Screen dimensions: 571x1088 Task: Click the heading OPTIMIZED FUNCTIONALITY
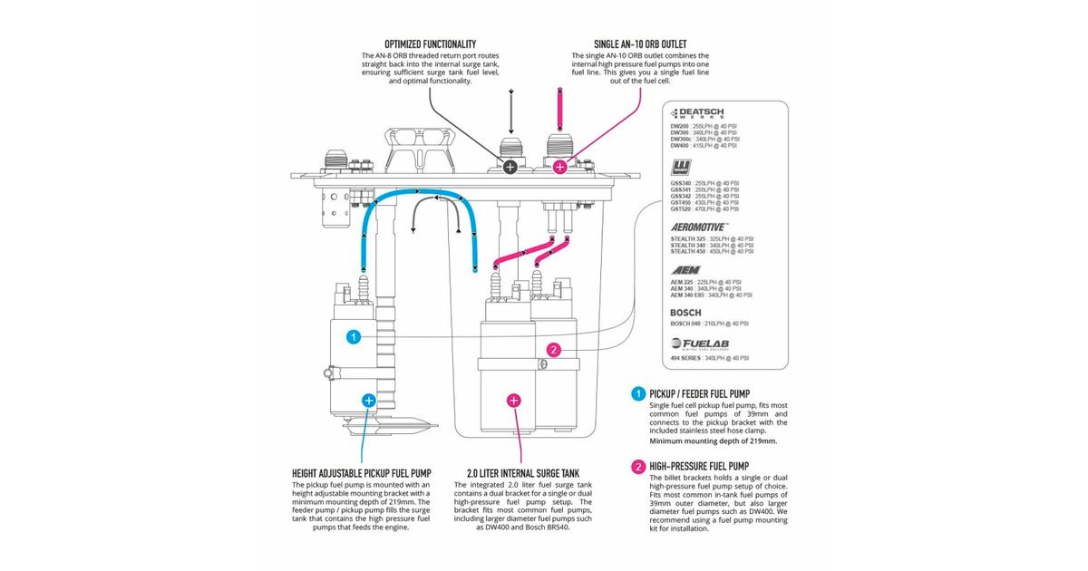tap(431, 44)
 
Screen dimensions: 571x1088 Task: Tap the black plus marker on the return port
tap(510, 167)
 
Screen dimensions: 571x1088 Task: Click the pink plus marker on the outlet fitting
tap(560, 167)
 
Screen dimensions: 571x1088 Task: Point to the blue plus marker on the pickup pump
tap(368, 399)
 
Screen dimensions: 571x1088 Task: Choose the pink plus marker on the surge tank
tap(514, 399)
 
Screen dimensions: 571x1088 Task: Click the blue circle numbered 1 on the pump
tap(354, 336)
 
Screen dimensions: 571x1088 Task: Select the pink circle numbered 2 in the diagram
tap(554, 350)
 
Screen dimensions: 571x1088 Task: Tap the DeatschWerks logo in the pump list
tap(697, 114)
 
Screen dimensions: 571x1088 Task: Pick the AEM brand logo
tap(685, 270)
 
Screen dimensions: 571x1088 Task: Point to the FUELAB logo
tap(702, 344)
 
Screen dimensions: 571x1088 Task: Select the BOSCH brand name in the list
tap(686, 313)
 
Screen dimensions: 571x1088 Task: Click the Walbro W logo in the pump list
tap(681, 168)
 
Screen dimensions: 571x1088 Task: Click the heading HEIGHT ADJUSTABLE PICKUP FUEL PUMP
tap(361, 473)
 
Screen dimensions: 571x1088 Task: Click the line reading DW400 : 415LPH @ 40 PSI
tap(704, 145)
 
